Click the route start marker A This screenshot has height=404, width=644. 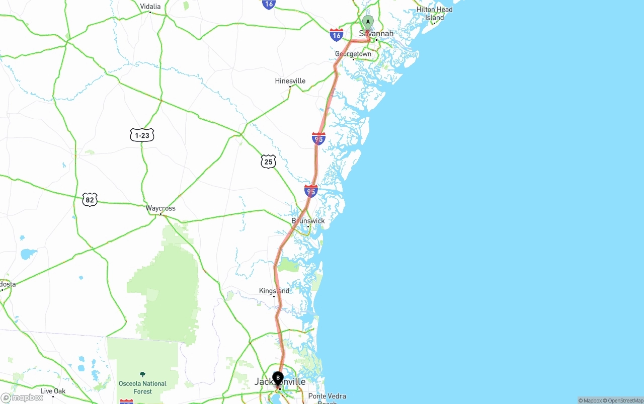[x=368, y=22]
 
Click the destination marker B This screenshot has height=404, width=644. [x=278, y=377]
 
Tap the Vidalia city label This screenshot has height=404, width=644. [x=150, y=7]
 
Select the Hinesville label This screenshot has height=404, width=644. [x=290, y=81]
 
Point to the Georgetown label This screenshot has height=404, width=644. [x=353, y=54]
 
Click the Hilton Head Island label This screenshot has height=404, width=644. [x=434, y=14]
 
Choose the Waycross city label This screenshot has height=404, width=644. [x=160, y=208]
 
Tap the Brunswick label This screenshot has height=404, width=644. [x=308, y=221]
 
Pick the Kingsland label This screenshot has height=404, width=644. [x=274, y=291]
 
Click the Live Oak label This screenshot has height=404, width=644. [x=53, y=391]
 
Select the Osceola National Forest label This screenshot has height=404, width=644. [x=142, y=387]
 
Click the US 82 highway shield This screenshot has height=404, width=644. [x=90, y=199]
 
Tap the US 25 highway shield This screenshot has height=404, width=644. [x=268, y=161]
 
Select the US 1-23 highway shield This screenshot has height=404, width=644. [x=142, y=135]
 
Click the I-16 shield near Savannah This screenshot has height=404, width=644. [x=337, y=35]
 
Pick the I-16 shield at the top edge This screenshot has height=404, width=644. [x=269, y=4]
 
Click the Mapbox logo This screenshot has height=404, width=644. [x=22, y=397]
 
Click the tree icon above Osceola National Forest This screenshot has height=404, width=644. [x=142, y=375]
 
